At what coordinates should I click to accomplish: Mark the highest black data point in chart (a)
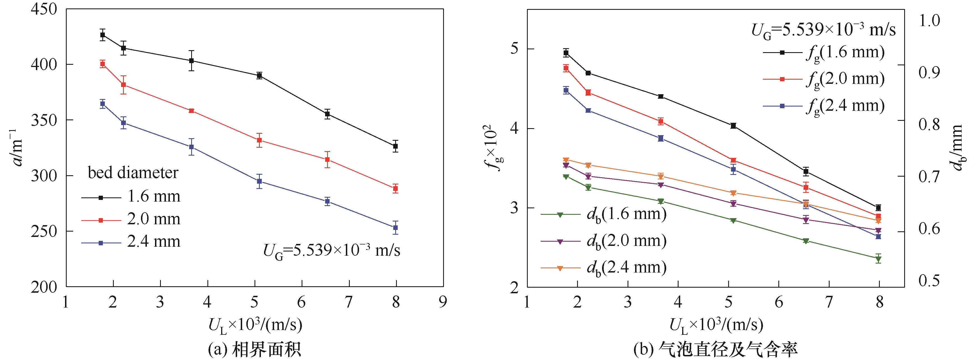click(103, 35)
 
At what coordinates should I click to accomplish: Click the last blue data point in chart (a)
click(395, 228)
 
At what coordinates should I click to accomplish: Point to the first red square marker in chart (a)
click(103, 64)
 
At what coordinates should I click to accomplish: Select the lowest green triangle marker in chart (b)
click(878, 259)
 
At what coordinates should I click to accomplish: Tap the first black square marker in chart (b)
click(566, 53)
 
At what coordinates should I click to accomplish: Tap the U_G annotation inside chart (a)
click(331, 251)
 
